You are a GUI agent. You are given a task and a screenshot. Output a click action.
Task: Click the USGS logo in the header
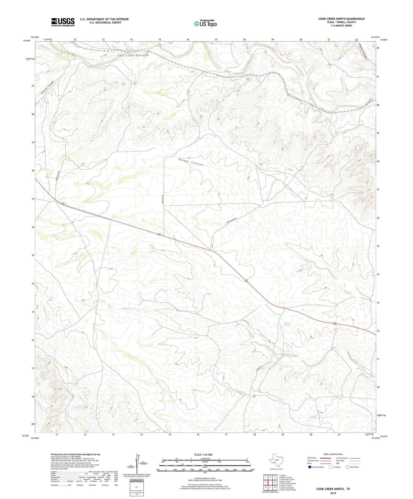[63, 22]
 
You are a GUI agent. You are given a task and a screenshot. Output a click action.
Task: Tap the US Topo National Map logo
[205, 23]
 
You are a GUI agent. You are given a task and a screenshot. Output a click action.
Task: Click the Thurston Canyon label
[133, 56]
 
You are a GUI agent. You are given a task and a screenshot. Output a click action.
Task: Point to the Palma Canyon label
[191, 162]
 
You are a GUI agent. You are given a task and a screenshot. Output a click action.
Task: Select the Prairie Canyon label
[48, 88]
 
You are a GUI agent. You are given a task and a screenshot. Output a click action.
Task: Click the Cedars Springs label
[287, 324]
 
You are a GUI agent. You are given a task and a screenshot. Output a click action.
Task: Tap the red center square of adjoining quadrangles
[270, 482]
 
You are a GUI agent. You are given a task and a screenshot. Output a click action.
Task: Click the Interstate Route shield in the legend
[310, 467]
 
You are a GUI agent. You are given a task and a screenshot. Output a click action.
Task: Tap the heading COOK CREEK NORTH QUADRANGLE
[341, 19]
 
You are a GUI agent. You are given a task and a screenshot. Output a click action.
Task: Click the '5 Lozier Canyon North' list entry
[288, 484]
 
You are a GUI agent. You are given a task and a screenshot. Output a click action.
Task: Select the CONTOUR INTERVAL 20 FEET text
[205, 479]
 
